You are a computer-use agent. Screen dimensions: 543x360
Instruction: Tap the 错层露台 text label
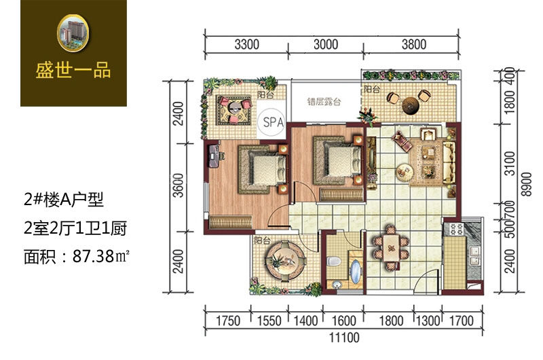(x=324, y=101)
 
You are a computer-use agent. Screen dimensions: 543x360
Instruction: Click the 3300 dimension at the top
(x=246, y=45)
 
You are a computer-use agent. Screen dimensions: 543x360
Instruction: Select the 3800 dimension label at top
(x=414, y=45)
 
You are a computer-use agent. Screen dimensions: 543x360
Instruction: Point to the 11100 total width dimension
(x=344, y=338)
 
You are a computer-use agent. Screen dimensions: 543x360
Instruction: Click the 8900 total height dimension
(x=527, y=184)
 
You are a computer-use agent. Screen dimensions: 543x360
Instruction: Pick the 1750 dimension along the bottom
(x=227, y=321)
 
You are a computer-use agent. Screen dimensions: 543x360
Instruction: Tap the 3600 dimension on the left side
(x=179, y=185)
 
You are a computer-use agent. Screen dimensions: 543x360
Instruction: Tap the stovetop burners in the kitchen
(x=455, y=229)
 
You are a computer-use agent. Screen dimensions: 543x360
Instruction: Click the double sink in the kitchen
(x=474, y=255)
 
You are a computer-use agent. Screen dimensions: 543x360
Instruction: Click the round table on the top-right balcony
(x=411, y=105)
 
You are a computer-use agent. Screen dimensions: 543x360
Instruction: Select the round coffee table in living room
(x=405, y=172)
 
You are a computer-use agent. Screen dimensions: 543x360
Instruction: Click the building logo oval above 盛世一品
(x=73, y=33)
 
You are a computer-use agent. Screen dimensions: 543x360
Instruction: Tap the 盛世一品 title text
(x=73, y=71)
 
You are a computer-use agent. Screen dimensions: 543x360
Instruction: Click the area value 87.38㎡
(x=100, y=256)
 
